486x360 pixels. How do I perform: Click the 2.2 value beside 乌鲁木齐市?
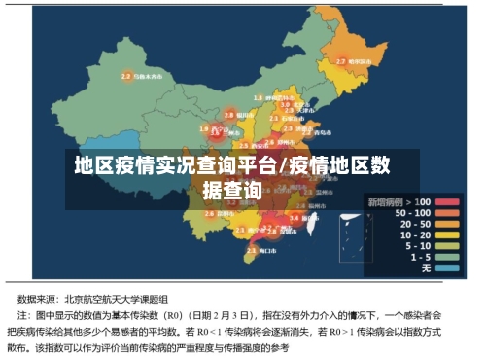[x=125, y=75]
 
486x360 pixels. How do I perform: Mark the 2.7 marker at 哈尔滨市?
[x=340, y=60]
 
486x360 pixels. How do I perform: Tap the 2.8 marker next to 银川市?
[x=228, y=114]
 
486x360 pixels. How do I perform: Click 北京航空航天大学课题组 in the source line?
[x=120, y=299]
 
